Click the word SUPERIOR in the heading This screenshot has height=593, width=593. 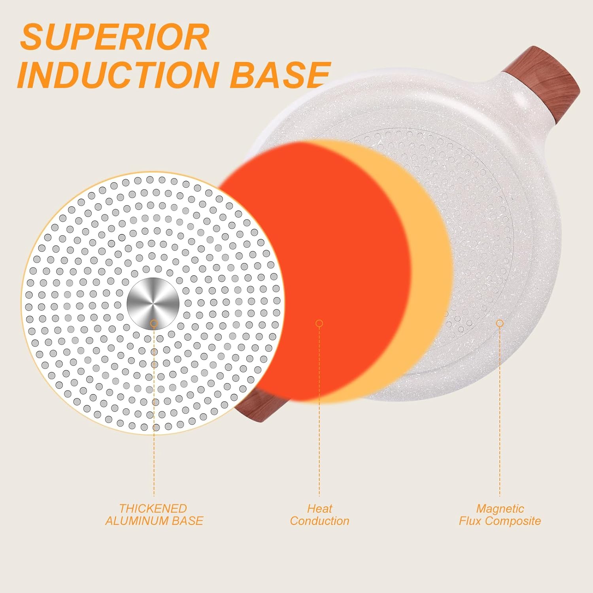(x=115, y=37)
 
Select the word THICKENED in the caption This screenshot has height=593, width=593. (x=153, y=508)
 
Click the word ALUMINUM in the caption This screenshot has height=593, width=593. (x=137, y=521)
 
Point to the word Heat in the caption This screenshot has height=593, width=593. (x=320, y=508)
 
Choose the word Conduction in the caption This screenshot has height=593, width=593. (x=320, y=521)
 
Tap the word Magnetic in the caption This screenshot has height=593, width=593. (x=500, y=508)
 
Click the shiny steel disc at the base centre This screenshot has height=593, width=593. (x=153, y=304)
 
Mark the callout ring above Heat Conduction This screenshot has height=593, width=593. (x=319, y=323)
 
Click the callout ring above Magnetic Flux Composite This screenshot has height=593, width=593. (x=500, y=323)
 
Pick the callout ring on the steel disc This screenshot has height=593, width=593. (x=154, y=323)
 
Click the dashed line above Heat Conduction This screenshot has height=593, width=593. (x=319, y=412)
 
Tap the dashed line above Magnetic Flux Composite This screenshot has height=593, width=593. (x=500, y=412)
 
